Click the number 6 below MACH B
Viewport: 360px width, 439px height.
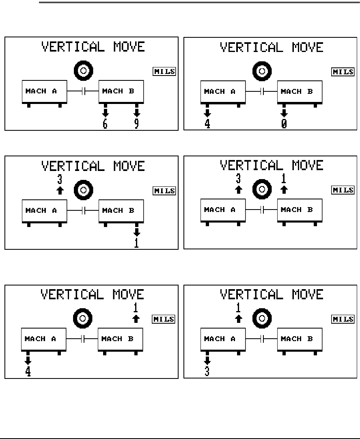[105, 123]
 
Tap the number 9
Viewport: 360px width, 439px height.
[137, 123]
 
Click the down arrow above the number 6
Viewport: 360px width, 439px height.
[105, 112]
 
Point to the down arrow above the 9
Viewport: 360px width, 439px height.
[137, 112]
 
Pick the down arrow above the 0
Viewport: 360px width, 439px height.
[284, 112]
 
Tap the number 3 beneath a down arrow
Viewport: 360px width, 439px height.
[207, 371]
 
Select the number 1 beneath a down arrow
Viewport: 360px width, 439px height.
[137, 243]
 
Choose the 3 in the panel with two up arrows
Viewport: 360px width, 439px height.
[239, 178]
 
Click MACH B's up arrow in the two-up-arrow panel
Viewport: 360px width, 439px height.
[284, 189]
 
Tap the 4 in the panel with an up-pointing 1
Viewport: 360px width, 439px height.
[28, 371]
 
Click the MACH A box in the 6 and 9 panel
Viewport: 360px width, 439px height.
[44, 91]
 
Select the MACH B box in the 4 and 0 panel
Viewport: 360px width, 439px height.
[300, 92]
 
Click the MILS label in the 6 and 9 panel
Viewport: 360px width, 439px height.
[164, 72]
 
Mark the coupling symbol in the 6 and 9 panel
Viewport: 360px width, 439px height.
[84, 92]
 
